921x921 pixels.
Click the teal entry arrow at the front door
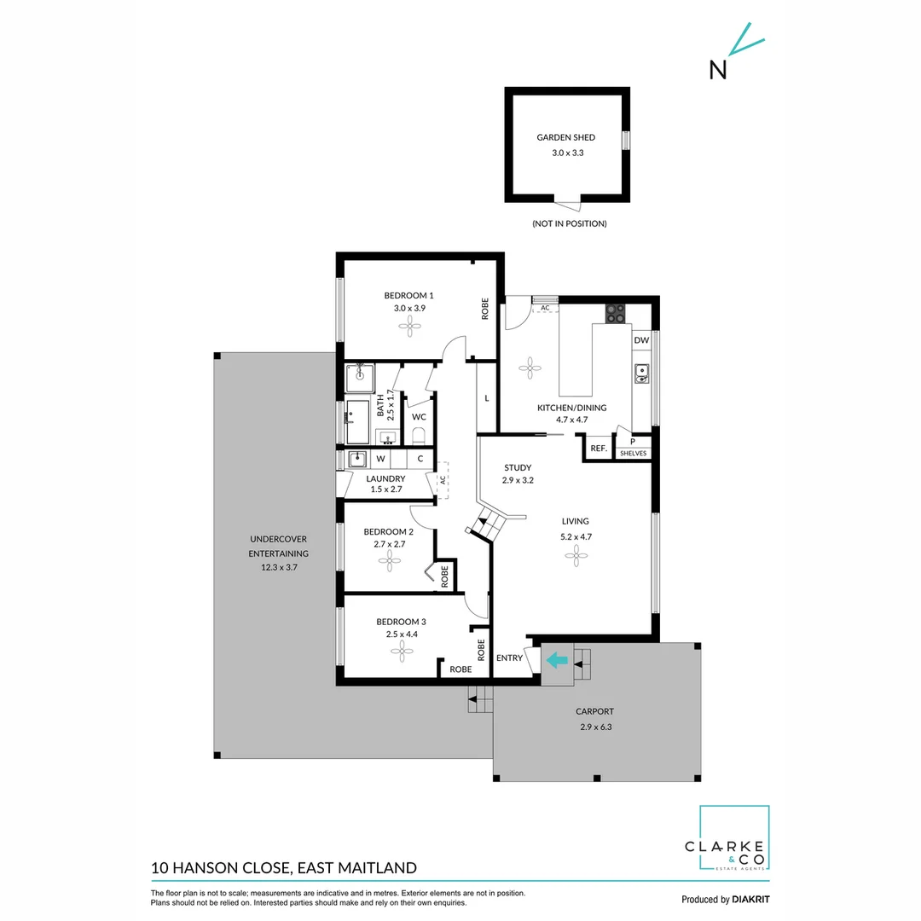(557, 659)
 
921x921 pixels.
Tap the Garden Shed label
(565, 137)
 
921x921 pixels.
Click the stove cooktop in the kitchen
(615, 314)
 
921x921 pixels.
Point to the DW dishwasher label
(641, 340)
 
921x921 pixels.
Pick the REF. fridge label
(598, 449)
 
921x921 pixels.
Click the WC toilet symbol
(418, 437)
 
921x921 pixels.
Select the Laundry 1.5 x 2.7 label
(385, 484)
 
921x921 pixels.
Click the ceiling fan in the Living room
(576, 555)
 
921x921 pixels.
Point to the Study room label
(518, 467)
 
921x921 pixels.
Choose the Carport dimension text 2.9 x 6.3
(594, 727)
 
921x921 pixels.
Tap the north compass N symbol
(718, 70)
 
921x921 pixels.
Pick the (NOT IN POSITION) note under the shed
(569, 223)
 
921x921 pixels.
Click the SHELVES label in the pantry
(633, 453)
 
